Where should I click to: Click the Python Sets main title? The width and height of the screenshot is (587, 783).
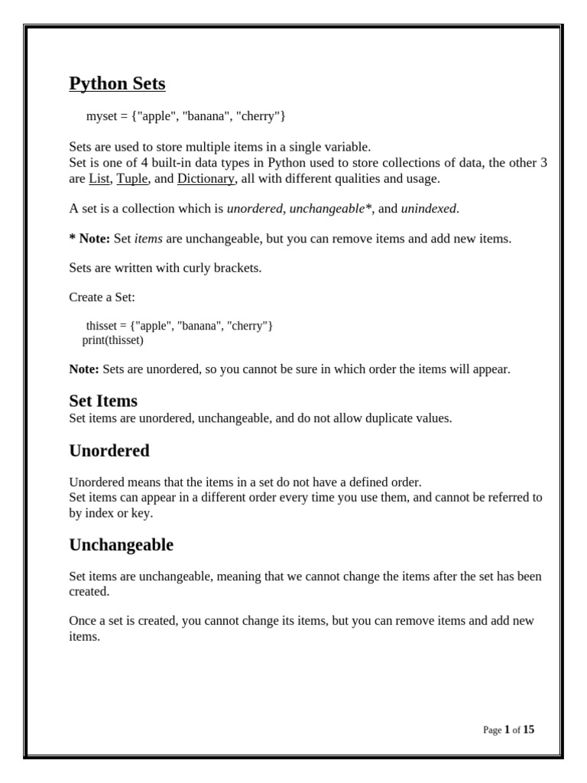117,83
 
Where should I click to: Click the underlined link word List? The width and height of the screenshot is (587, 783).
99,179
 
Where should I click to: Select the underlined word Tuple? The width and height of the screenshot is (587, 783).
132,179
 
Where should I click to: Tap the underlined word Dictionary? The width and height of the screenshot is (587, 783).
206,179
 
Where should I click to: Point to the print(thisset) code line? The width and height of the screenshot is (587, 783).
112,340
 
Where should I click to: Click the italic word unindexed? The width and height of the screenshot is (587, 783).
430,209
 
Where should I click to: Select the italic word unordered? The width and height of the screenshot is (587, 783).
255,209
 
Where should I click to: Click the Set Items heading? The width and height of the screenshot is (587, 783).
103,401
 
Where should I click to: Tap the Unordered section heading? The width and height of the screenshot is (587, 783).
109,450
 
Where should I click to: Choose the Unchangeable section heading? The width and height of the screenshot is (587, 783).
121,544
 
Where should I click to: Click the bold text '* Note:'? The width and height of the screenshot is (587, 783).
89,239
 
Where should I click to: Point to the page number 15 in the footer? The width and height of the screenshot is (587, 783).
529,729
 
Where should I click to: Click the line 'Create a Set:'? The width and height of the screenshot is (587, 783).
102,297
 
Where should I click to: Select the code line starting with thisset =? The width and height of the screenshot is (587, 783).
180,326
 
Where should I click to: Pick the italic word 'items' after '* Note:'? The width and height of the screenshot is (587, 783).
148,239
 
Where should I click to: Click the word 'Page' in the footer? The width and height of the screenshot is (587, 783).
492,730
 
